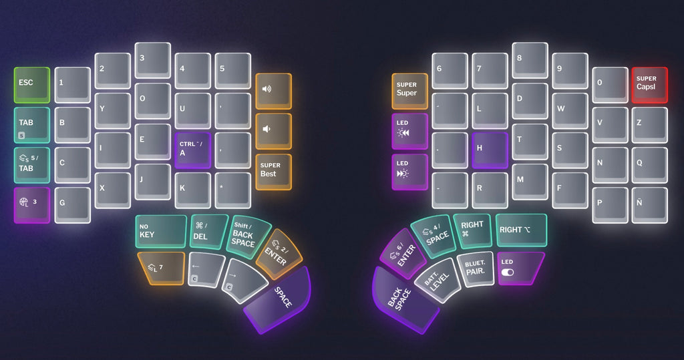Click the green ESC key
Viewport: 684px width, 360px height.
pyautogui.click(x=32, y=85)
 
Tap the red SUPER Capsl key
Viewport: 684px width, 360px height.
pyautogui.click(x=649, y=85)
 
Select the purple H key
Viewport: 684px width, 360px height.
pyautogui.click(x=490, y=150)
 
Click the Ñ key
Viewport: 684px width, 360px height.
pyautogui.click(x=649, y=204)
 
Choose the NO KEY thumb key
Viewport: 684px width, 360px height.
pyautogui.click(x=160, y=231)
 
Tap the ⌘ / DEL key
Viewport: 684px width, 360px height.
pyautogui.click(x=208, y=231)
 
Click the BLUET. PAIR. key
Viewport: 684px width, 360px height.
pyautogui.click(x=475, y=268)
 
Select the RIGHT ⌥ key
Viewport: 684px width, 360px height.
pyautogui.click(x=521, y=230)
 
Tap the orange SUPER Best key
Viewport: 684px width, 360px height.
pyautogui.click(x=273, y=171)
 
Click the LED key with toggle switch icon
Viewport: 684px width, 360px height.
pyautogui.click(x=519, y=268)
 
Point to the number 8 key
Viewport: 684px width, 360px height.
pyautogui.click(x=530, y=60)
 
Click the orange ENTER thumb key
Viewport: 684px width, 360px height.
pyautogui.click(x=279, y=254)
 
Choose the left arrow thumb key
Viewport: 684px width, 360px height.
pyautogui.click(x=206, y=268)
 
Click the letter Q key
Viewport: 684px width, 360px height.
pyautogui.click(x=649, y=164)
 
